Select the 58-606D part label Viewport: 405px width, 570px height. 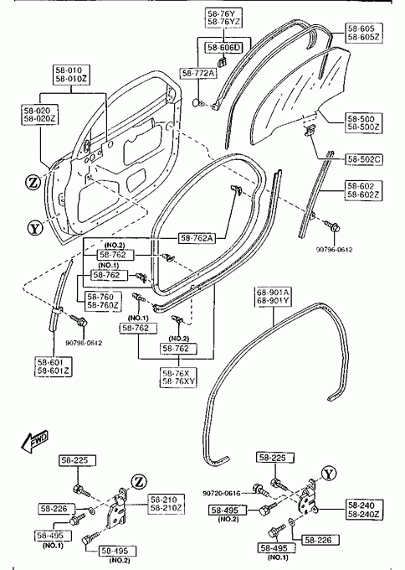pos(224,48)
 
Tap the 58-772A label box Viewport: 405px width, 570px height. pos(198,73)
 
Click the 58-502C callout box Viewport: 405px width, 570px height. pos(364,159)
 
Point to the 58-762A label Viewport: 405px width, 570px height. pos(197,238)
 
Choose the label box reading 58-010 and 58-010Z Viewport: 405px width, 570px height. pos(71,75)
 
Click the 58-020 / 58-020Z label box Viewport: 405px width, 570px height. pos(39,115)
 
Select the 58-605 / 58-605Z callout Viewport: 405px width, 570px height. pos(364,33)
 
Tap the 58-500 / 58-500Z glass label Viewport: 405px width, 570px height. pos(364,123)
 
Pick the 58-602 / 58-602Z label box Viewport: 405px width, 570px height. pos(364,190)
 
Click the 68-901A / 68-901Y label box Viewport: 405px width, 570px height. pos(274,296)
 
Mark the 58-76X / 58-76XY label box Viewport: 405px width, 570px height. pos(178,377)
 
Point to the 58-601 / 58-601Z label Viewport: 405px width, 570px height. pos(54,366)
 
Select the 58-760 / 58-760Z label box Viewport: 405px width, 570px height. pos(103,301)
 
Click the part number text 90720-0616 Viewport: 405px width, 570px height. pos(222,493)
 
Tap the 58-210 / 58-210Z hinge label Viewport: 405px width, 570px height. pos(167,504)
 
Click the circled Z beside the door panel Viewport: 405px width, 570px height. pos(33,182)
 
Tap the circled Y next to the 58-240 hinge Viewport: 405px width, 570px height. pos(328,474)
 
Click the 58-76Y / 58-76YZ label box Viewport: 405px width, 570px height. pos(224,18)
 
